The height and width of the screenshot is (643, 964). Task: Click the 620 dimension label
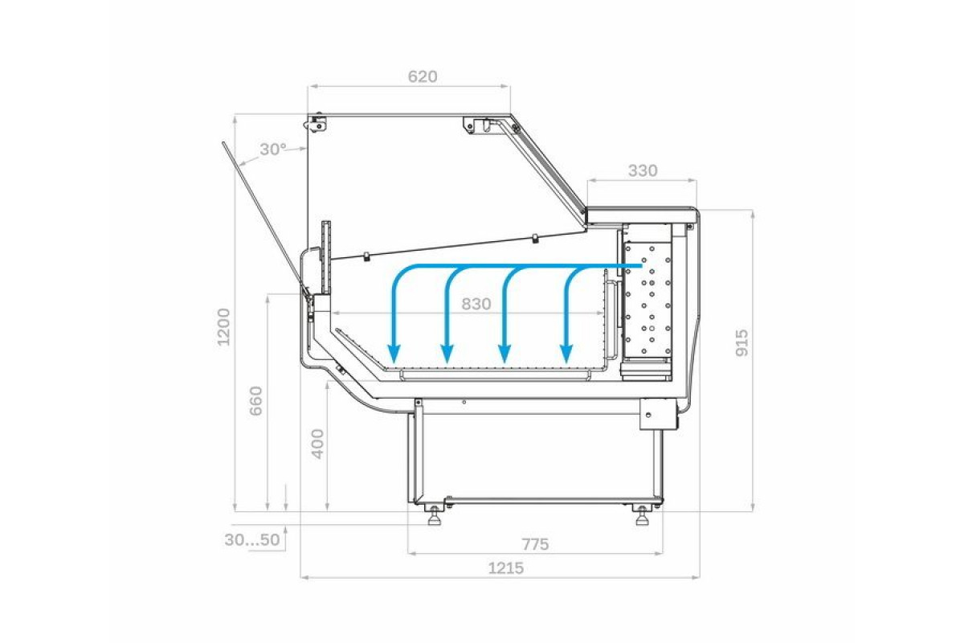423,76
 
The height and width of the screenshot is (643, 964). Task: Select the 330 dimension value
643,171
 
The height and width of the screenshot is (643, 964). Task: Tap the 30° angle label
273,149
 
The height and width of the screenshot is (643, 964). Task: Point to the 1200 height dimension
224,327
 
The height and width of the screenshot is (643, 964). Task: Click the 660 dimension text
256,401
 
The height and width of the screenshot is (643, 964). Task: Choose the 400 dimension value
317,444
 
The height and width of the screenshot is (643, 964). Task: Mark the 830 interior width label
476,304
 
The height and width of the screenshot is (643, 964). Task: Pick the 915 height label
742,343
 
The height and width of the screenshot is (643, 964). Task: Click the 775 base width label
535,544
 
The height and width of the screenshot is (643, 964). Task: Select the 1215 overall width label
505,568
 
